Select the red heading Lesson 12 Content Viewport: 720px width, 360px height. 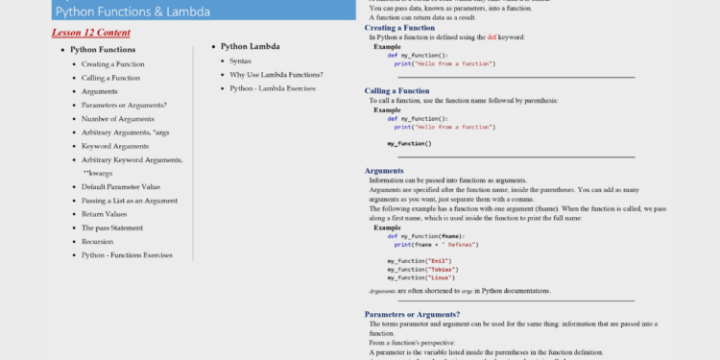coord(91,32)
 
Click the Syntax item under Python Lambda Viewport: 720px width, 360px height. coord(240,60)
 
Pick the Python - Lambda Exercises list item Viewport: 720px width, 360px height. coord(272,88)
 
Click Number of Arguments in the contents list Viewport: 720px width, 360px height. coord(118,118)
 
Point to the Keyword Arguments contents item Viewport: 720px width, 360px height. coord(115,146)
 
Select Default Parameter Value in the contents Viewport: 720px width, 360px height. coord(121,186)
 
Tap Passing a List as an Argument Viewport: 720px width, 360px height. coord(130,201)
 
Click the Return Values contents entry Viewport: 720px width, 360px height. coord(105,214)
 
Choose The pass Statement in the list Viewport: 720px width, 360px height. coord(112,228)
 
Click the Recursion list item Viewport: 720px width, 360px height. coord(98,242)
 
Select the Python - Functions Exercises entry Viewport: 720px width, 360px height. coord(127,255)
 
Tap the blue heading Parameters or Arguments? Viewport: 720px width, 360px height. coord(412,314)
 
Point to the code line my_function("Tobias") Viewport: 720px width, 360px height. coord(420,269)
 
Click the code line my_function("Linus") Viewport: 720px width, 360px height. coord(419,277)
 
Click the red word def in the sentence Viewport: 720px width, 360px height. coord(492,36)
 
